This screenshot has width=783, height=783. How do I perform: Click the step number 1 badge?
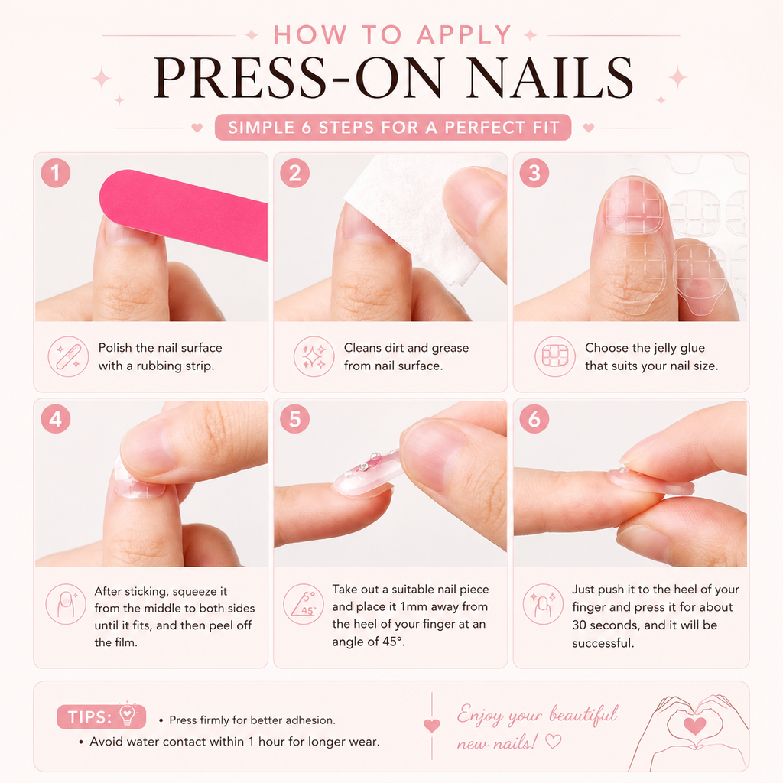coord(55,173)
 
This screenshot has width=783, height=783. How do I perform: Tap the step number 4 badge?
coord(55,418)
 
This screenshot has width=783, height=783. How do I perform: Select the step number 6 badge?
coord(534,418)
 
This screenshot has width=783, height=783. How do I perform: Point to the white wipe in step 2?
coord(414,215)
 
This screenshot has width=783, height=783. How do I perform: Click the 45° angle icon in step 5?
coord(303,604)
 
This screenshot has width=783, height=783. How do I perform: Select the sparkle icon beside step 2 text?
coord(314,356)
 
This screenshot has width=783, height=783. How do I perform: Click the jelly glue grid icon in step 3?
coord(555,356)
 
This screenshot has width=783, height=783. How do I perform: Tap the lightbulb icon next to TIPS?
coord(128,714)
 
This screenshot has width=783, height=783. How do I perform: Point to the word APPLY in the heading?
coord(464,35)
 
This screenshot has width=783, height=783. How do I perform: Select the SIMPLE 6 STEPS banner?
coord(393,128)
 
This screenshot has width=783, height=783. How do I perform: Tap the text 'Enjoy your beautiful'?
coord(538,715)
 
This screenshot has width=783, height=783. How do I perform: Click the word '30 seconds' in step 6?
coord(606,625)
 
